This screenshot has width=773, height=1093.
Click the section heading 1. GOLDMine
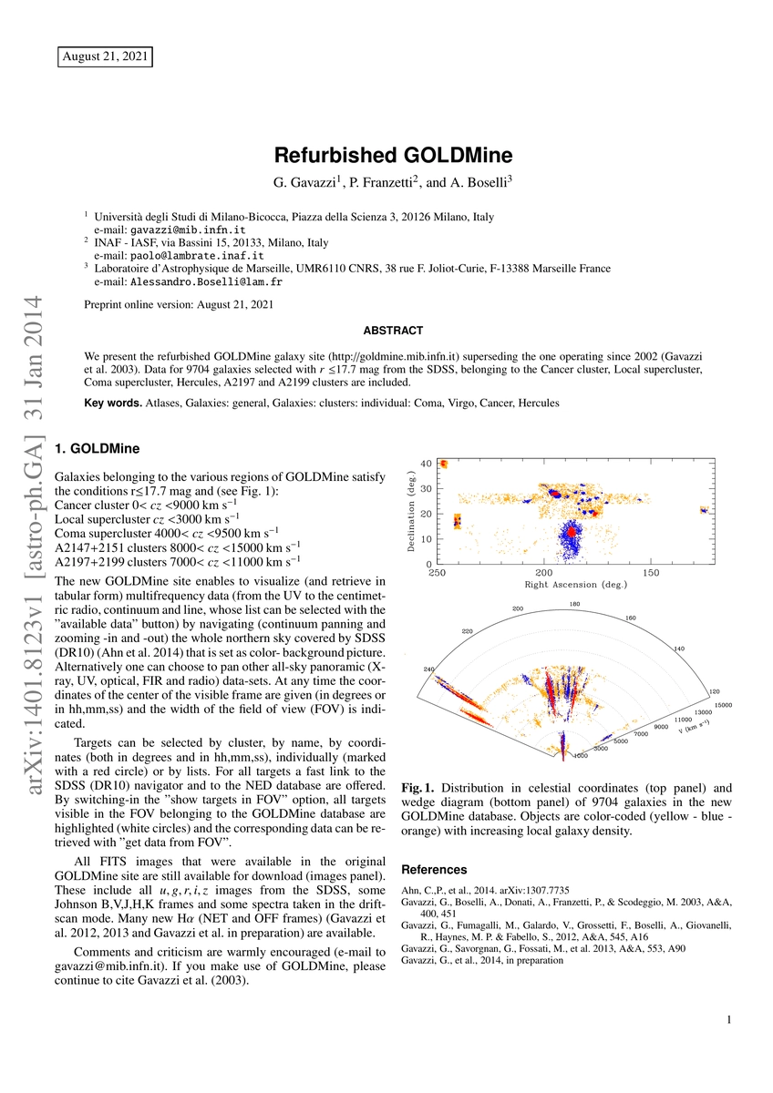pyautogui.click(x=98, y=448)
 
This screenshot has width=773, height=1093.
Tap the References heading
pyautogui.click(x=434, y=869)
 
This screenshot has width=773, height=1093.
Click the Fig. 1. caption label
pyautogui.click(x=416, y=786)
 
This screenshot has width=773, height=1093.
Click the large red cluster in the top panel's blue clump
pyautogui.click(x=571, y=530)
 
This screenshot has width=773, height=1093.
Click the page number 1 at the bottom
pyautogui.click(x=730, y=1021)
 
